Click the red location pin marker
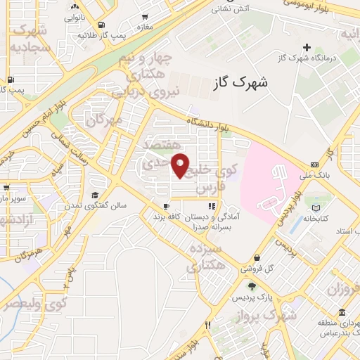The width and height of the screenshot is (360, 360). point(181,166)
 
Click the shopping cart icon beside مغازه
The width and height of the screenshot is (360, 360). point(145,17)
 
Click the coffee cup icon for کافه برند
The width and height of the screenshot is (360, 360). point(165,207)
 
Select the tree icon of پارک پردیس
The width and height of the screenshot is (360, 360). point(251,286)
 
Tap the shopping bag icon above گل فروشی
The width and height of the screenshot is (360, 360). point(257,258)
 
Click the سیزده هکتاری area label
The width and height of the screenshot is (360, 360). point(205,258)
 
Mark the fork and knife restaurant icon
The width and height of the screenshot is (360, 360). point(208,326)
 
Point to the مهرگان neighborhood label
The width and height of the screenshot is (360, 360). point(104,120)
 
